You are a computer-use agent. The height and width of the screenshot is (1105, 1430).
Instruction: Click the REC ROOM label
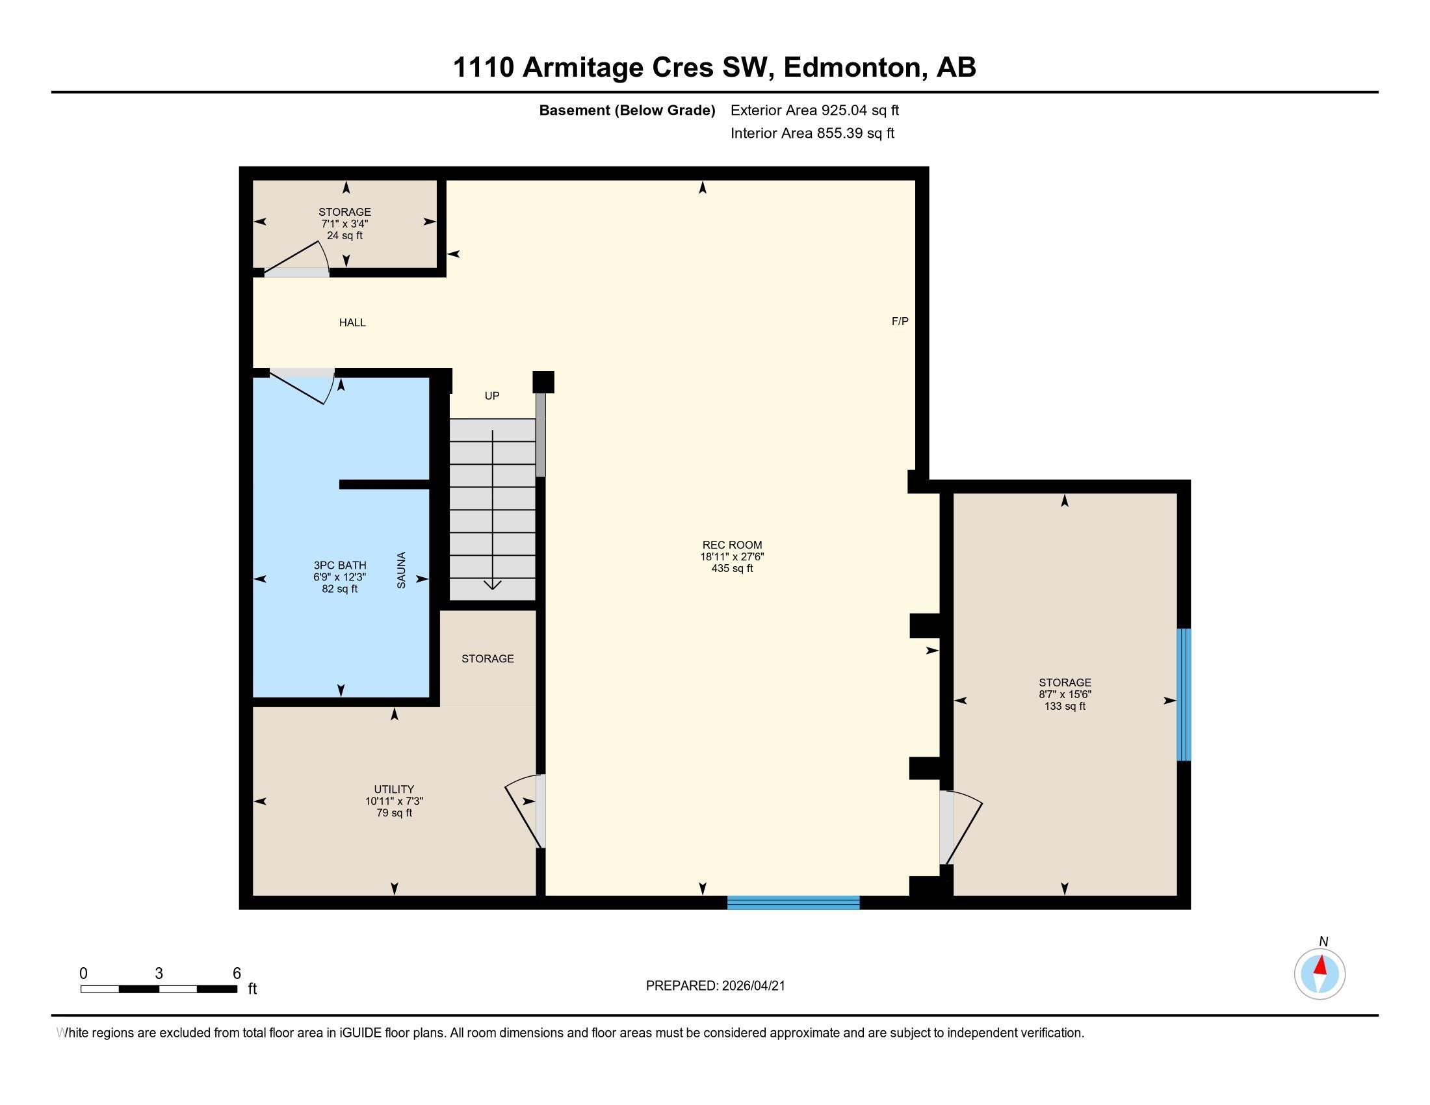click(732, 545)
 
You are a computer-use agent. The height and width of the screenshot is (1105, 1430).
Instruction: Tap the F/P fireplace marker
click(900, 321)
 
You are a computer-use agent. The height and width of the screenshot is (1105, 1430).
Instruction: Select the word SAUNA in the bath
click(401, 570)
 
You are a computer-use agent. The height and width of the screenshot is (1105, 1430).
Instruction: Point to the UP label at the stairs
click(492, 396)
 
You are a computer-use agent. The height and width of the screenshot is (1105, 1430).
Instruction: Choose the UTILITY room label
click(393, 790)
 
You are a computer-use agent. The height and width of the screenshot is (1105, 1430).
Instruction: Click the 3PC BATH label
click(339, 565)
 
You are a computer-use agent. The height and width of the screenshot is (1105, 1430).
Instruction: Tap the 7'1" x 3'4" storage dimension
click(344, 224)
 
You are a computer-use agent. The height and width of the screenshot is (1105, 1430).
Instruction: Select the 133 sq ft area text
click(1065, 707)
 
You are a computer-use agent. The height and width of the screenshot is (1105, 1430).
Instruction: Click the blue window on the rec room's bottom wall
click(793, 903)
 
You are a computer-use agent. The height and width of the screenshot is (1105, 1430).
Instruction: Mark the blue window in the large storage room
click(1183, 695)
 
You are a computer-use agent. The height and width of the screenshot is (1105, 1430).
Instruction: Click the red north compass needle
click(1321, 965)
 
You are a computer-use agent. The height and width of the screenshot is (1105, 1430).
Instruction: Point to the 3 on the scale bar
click(159, 974)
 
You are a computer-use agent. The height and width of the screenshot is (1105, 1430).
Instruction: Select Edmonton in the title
click(852, 68)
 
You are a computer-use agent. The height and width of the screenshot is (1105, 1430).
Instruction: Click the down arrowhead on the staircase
click(493, 584)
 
